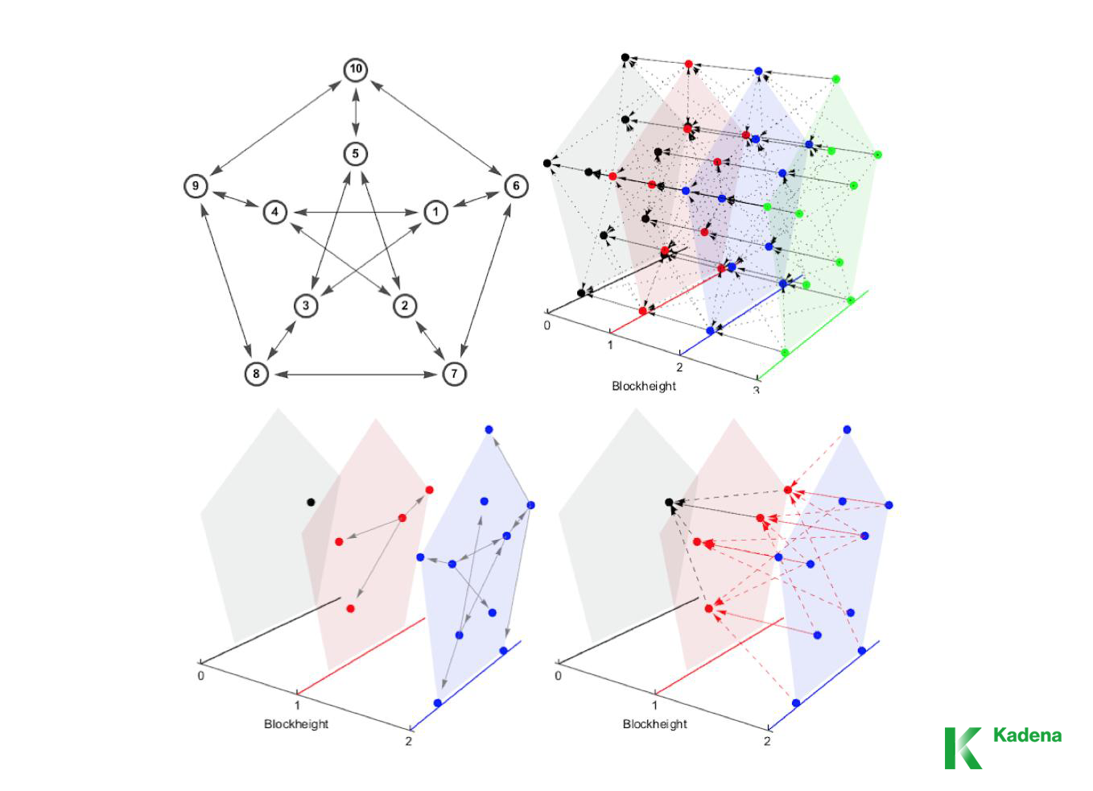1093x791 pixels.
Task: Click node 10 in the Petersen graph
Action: pyautogui.click(x=356, y=68)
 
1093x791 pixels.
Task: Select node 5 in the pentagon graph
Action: pyautogui.click(x=355, y=154)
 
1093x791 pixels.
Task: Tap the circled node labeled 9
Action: pyautogui.click(x=196, y=186)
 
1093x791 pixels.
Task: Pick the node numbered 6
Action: pyautogui.click(x=516, y=186)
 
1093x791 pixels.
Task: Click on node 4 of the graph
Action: pyautogui.click(x=274, y=212)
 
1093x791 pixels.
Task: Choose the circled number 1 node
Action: pyautogui.click(x=435, y=212)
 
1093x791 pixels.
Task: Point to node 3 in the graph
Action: pyautogui.click(x=306, y=305)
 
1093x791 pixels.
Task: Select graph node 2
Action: pyautogui.click(x=405, y=305)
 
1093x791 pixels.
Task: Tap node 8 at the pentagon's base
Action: pyautogui.click(x=256, y=374)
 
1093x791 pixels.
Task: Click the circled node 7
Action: pyautogui.click(x=454, y=374)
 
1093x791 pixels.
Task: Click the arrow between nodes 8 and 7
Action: pyautogui.click(x=355, y=375)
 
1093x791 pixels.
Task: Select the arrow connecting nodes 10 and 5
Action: pyautogui.click(x=356, y=112)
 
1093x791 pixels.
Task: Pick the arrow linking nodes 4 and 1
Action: pyautogui.click(x=355, y=213)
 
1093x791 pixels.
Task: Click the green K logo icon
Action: pyautogui.click(x=963, y=748)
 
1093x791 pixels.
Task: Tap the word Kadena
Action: pyautogui.click(x=1027, y=735)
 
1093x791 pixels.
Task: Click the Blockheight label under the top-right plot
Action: pyautogui.click(x=644, y=386)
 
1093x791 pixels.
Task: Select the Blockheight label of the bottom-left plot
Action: pyautogui.click(x=296, y=724)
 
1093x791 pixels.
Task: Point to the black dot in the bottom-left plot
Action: pyautogui.click(x=311, y=502)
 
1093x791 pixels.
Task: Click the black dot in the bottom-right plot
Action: pyautogui.click(x=669, y=502)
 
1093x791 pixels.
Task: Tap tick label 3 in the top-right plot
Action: pyautogui.click(x=756, y=390)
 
